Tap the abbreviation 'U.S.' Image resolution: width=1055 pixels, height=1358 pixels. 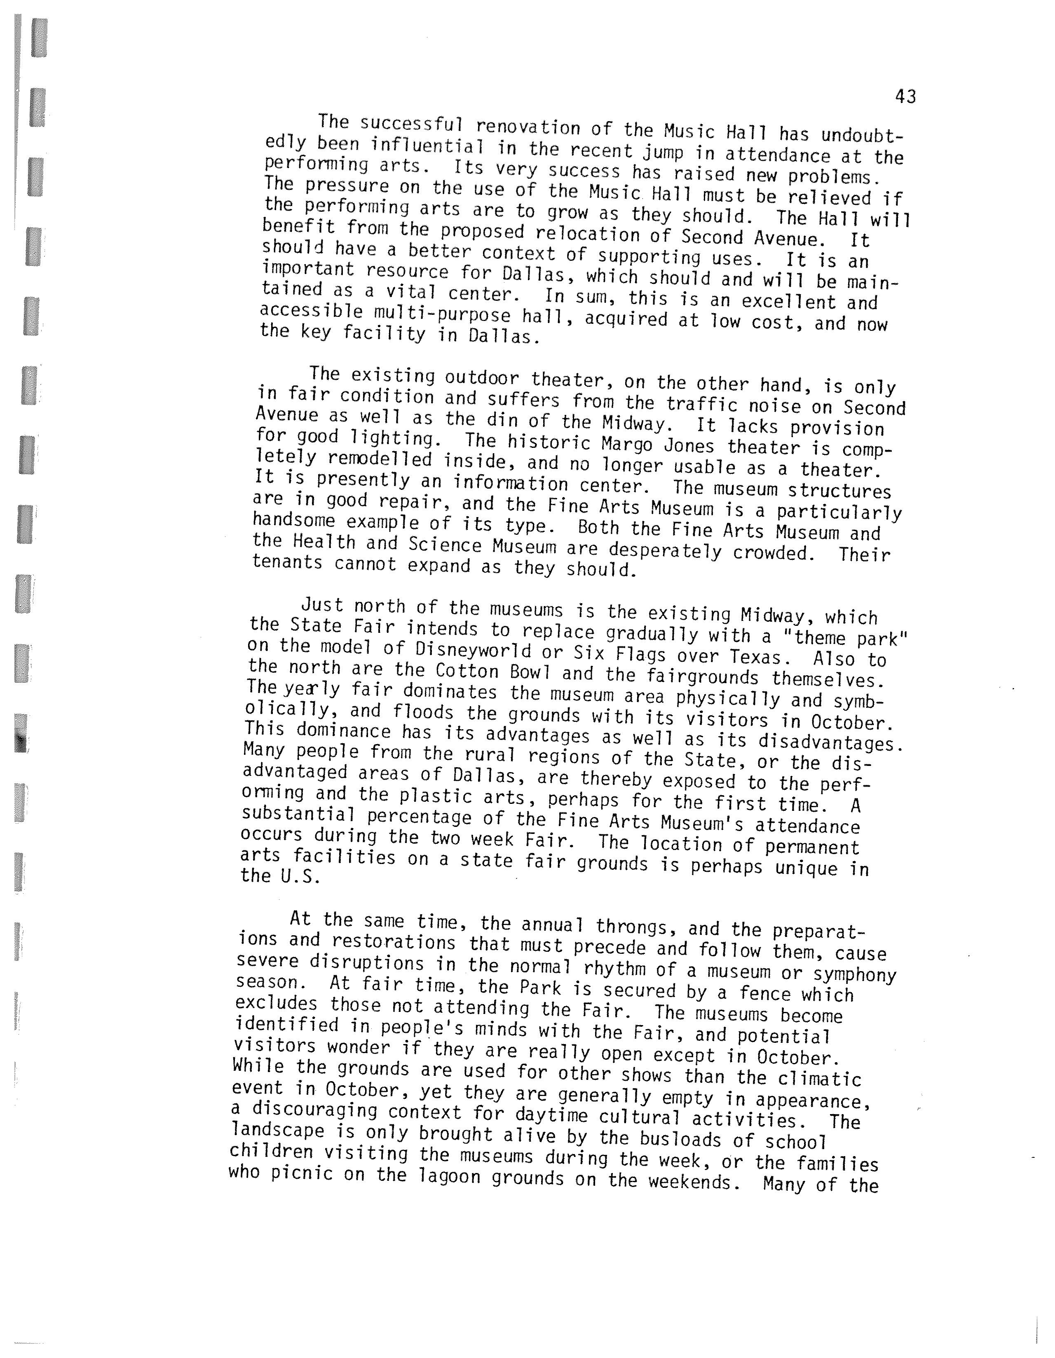301,876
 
